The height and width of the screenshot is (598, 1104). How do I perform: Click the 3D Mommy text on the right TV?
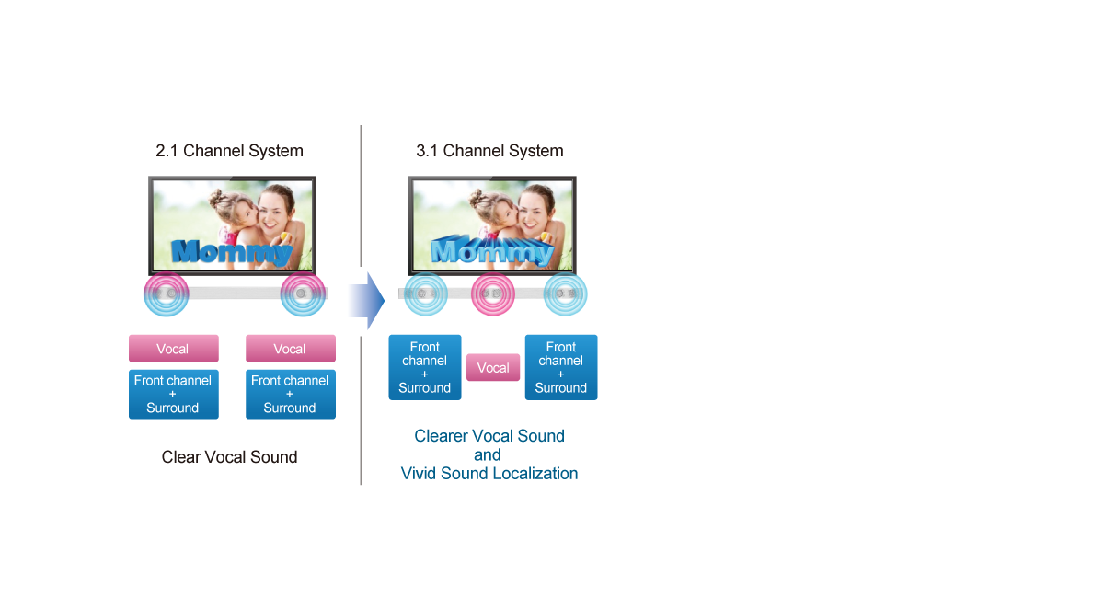point(492,251)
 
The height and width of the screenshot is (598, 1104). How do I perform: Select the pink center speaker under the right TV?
point(493,293)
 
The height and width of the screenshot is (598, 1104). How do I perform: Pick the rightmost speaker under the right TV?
point(561,293)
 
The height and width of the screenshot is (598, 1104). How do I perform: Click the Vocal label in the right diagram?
point(493,368)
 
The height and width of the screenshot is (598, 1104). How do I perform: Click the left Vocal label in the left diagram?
point(173,349)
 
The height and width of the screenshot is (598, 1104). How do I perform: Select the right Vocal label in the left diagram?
point(290,349)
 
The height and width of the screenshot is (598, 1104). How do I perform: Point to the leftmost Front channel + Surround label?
point(173,394)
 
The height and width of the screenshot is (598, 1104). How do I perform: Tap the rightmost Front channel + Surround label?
point(561,367)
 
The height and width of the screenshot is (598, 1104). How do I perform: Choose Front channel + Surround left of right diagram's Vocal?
point(425,367)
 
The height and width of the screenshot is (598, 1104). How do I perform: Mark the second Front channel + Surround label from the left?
point(290,394)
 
